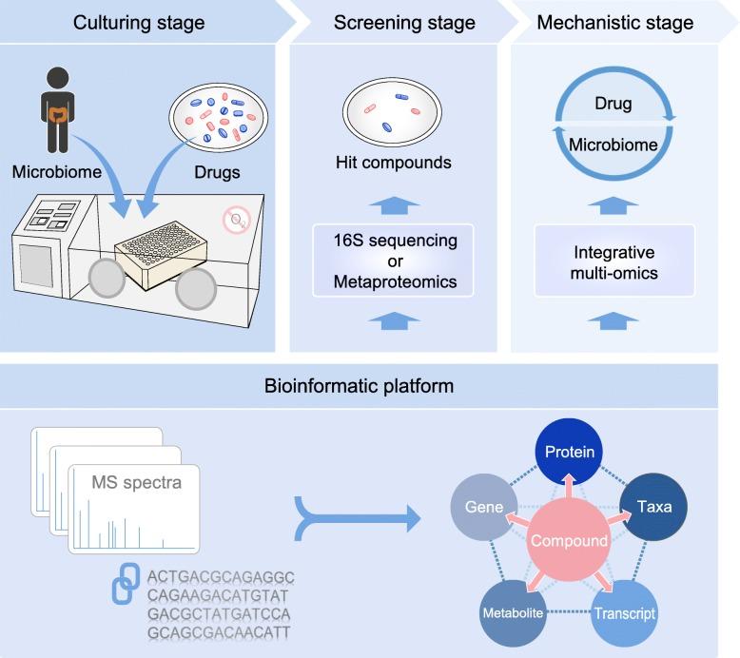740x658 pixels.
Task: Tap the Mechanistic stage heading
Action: click(x=616, y=22)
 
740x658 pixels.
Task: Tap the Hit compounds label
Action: click(x=392, y=163)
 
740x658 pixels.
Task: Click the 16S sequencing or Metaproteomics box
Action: click(x=392, y=261)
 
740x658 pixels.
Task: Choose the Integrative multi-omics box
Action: click(x=615, y=261)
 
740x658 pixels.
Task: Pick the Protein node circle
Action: click(x=570, y=453)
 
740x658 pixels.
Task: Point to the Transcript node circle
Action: click(x=624, y=611)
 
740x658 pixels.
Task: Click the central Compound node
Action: click(x=570, y=540)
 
